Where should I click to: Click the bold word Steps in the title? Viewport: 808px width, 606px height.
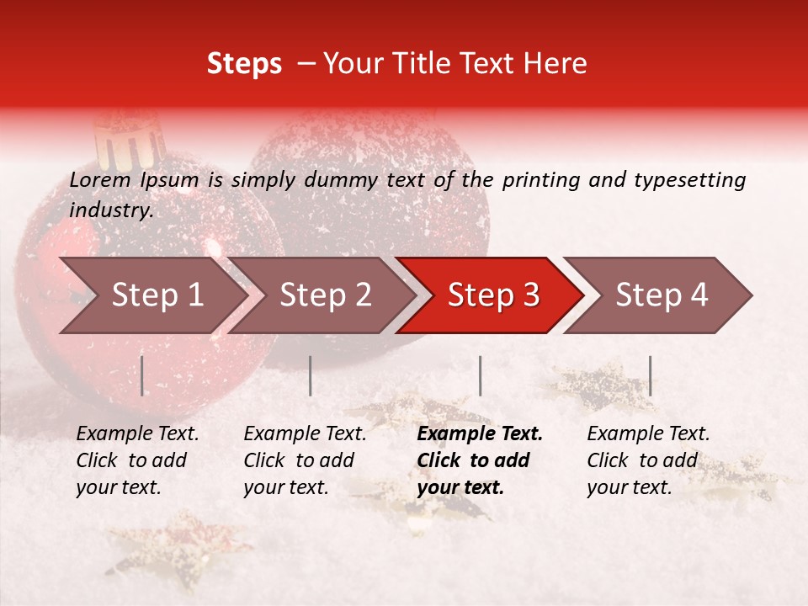[x=244, y=64]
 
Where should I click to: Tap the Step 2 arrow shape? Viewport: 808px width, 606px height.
[x=325, y=295]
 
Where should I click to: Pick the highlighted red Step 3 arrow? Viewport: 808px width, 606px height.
[x=493, y=295]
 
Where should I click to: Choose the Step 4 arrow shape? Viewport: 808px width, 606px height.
[x=662, y=295]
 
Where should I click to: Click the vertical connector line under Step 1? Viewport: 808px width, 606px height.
[x=141, y=375]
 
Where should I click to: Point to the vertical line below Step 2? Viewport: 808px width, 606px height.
[x=311, y=375]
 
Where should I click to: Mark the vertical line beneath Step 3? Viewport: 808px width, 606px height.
[x=480, y=375]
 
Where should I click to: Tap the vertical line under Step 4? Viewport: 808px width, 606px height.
[x=650, y=375]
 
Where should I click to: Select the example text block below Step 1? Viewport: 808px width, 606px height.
[x=137, y=460]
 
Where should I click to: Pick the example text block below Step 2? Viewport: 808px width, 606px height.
[x=305, y=460]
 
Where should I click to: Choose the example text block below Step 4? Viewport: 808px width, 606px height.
[x=648, y=460]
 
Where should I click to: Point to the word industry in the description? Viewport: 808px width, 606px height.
[x=110, y=210]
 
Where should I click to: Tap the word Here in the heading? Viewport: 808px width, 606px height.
[x=555, y=64]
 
